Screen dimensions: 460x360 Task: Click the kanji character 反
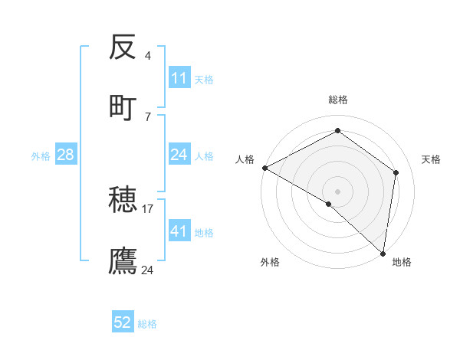coord(123,48)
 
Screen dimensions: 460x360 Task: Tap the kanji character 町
coord(123,108)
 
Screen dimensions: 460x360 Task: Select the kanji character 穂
coord(123,201)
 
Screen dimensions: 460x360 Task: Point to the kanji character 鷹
coord(123,260)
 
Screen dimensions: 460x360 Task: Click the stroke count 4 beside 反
coord(148,56)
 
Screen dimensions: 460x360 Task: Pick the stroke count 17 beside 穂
coord(148,208)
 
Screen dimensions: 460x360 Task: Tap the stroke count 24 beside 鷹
coord(148,270)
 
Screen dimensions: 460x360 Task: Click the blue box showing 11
coord(179,78)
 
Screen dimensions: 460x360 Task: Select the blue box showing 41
coord(179,231)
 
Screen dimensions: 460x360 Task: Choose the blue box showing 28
coord(66,155)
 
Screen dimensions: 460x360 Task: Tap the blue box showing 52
coord(123,322)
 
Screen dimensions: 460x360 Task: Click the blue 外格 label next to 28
coord(41,156)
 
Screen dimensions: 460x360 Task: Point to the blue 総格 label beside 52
coord(147,324)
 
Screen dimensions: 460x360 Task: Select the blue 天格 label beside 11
coord(204,79)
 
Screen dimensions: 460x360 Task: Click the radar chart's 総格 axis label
coord(338,100)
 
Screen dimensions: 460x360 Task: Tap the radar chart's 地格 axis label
coord(402,262)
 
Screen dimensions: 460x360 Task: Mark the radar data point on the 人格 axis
coord(264,168)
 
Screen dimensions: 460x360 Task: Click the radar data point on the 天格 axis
coord(396,172)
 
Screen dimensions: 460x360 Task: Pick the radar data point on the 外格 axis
coord(329,204)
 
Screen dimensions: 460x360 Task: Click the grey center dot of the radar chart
coord(338,191)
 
